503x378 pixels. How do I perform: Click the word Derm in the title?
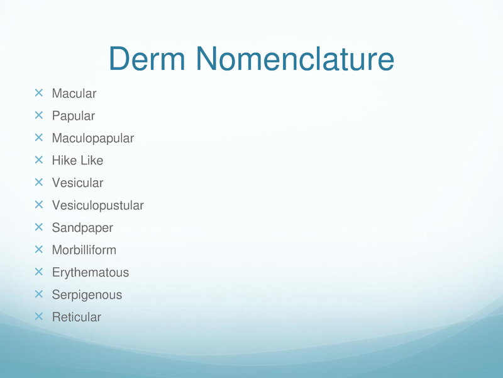coord(147,59)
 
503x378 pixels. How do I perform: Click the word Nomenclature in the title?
coord(295,59)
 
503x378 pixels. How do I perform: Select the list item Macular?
coord(74,93)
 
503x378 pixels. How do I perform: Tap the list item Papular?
coord(74,116)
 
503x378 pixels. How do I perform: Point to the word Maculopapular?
coord(93,139)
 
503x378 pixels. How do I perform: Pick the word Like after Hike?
coord(90,161)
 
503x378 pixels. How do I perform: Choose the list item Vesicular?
coord(77,183)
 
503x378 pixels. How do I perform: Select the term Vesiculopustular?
coord(98,205)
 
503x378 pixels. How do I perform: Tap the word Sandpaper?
coord(82,228)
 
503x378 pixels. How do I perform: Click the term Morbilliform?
coord(84,250)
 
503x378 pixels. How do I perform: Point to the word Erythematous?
coord(91,273)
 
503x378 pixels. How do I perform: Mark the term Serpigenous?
coord(87,295)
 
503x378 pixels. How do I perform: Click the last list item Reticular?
coord(76,318)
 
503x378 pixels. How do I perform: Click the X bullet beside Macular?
coord(38,93)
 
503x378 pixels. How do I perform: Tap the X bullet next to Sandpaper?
coord(38,227)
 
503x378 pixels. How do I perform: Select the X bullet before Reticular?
coord(38,317)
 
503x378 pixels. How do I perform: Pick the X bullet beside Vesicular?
coord(38,182)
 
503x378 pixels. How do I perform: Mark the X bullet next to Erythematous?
coord(38,272)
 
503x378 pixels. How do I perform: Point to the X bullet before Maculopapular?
coord(38,137)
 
